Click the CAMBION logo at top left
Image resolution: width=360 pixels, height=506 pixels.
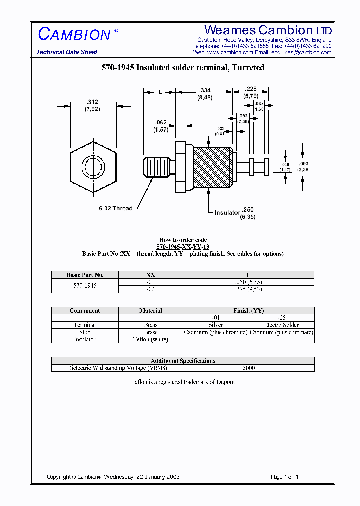tap(74, 34)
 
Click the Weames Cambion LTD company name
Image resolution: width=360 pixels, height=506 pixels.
tap(268, 30)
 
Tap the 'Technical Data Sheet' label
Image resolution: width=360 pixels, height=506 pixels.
tap(67, 52)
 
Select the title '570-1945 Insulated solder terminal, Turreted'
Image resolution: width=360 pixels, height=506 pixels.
tap(183, 67)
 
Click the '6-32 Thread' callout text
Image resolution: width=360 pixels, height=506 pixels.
tap(115, 208)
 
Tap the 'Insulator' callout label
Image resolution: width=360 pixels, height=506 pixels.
tap(227, 213)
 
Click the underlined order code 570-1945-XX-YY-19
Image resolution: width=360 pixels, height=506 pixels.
tap(183, 247)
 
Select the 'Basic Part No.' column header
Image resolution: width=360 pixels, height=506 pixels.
tap(85, 275)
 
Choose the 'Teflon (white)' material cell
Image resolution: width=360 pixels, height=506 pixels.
tap(150, 339)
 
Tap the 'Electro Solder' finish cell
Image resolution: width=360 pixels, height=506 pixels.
tap(281, 325)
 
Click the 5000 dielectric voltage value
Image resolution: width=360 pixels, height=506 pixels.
tap(248, 368)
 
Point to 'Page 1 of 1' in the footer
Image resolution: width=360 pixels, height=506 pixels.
tap(284, 477)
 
